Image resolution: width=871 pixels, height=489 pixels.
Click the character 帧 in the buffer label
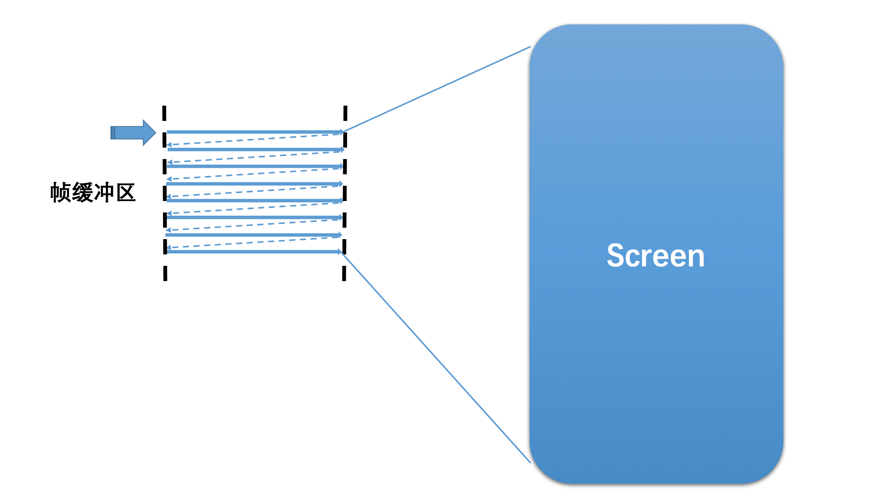61,192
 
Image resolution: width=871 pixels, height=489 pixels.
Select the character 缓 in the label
83,192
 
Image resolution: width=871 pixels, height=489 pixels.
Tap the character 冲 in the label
104,192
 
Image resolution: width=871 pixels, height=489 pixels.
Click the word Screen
656,256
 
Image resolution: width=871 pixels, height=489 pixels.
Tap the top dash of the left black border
164,113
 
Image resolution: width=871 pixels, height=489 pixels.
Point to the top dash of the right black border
345,113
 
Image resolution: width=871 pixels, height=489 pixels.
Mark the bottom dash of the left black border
165,273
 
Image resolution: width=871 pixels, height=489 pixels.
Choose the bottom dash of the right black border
344,273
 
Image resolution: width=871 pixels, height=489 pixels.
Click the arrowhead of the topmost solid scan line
341,132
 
